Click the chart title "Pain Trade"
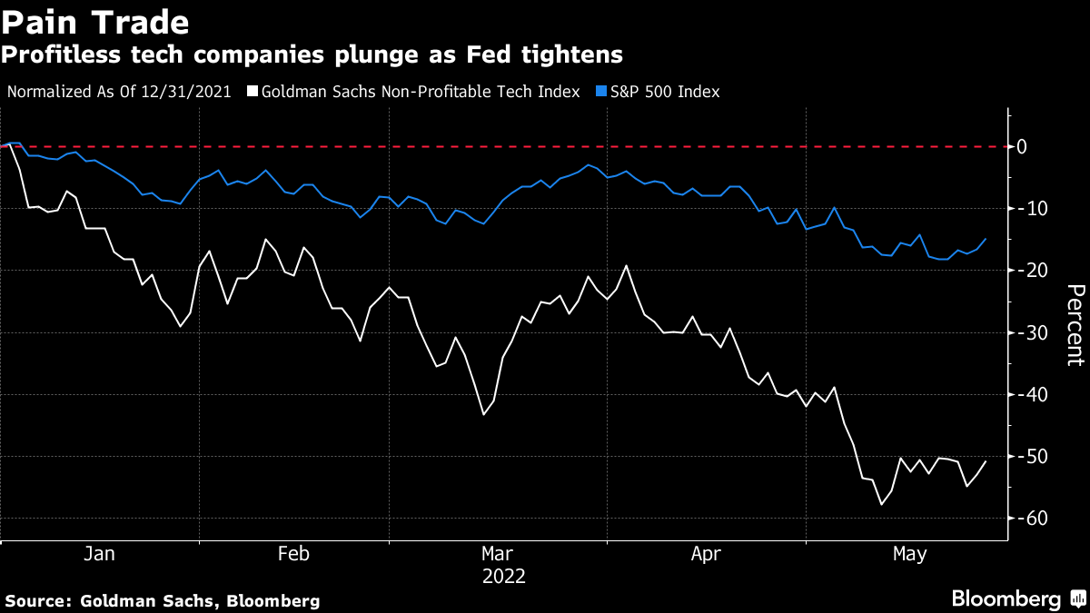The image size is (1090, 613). pyautogui.click(x=95, y=22)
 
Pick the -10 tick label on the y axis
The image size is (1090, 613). pyautogui.click(x=1033, y=209)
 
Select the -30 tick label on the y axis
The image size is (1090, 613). pyautogui.click(x=1033, y=332)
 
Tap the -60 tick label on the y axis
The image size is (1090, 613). pyautogui.click(x=1033, y=519)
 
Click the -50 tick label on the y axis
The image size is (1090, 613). pyautogui.click(x=1033, y=456)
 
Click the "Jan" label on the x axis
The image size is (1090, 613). pyautogui.click(x=98, y=553)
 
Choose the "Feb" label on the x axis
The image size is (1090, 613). pyautogui.click(x=293, y=553)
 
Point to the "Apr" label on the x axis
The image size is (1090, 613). pyautogui.click(x=705, y=553)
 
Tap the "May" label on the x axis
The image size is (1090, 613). pyautogui.click(x=910, y=553)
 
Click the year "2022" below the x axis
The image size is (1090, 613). pyautogui.click(x=503, y=576)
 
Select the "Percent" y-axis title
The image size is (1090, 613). pyautogui.click(x=1075, y=324)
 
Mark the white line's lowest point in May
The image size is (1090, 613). pyautogui.click(x=880, y=504)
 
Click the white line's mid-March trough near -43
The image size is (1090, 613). pyautogui.click(x=484, y=414)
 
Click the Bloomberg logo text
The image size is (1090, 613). pyautogui.click(x=1006, y=599)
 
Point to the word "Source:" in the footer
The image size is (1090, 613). pyautogui.click(x=38, y=600)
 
